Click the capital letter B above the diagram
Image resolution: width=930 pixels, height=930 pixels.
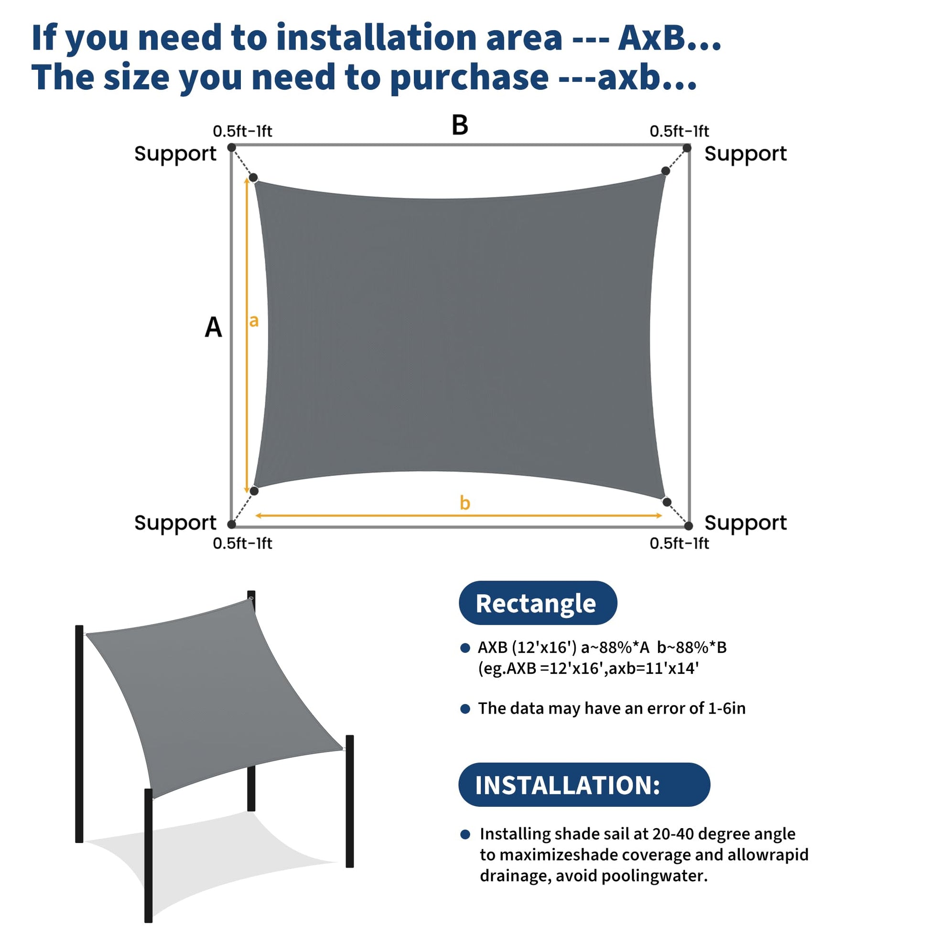[x=460, y=125]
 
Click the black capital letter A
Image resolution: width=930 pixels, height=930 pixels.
[x=213, y=327]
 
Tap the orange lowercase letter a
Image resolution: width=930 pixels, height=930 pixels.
[x=254, y=321]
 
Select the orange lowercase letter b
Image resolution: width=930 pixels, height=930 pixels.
[x=465, y=503]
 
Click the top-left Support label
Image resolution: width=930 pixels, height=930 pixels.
[x=175, y=154]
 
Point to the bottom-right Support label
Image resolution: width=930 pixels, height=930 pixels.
[x=746, y=523]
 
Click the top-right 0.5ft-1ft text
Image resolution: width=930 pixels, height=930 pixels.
[x=679, y=131]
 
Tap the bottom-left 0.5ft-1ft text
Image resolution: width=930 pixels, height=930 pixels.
[x=243, y=543]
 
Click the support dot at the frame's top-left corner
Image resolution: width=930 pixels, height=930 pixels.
[x=231, y=147]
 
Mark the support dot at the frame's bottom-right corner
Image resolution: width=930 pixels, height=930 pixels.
[x=688, y=526]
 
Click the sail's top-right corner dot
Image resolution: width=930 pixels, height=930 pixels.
[x=666, y=171]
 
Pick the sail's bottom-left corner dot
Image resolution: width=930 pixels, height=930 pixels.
[x=254, y=491]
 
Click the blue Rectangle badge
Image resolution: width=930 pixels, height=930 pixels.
[x=538, y=603]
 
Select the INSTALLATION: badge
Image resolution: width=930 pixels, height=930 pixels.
[x=584, y=785]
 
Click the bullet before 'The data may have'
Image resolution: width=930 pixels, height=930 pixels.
[x=465, y=709]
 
